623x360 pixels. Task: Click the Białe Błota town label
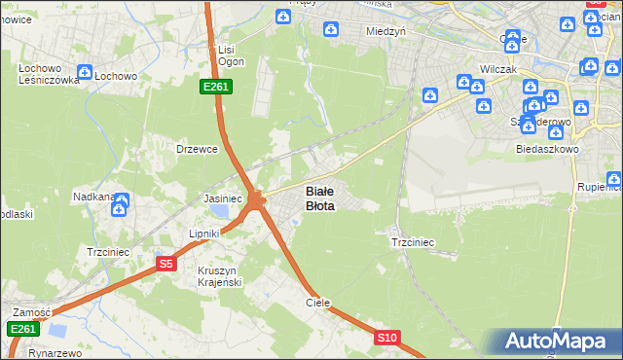320,198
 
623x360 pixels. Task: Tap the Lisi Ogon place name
230,55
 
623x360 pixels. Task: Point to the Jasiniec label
221,198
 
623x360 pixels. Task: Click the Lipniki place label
206,234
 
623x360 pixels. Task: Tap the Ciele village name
318,303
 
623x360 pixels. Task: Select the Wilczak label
497,70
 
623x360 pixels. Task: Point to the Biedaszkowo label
548,149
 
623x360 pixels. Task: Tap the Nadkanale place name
94,197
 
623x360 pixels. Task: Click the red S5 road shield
166,264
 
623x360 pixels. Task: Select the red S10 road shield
387,338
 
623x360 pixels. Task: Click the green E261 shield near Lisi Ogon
215,87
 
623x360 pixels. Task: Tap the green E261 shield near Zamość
23,329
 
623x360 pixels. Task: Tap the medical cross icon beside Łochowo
85,72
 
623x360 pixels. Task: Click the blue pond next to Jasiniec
222,210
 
